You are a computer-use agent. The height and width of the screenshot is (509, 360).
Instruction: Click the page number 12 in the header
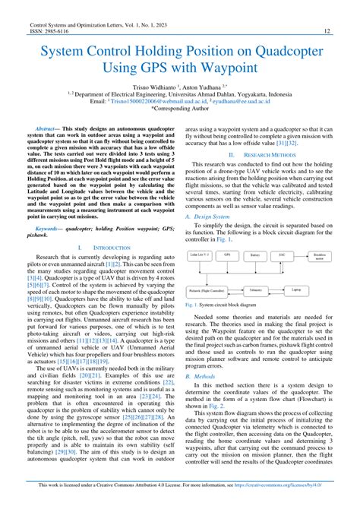[x=326, y=31]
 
